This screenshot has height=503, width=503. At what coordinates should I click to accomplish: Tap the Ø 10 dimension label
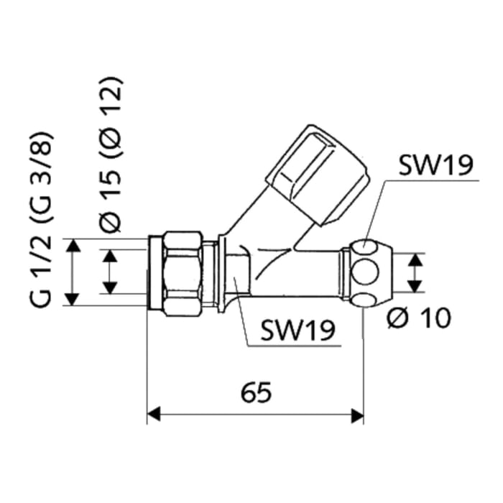[x=418, y=317]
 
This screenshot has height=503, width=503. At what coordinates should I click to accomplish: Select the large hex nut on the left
[x=182, y=273]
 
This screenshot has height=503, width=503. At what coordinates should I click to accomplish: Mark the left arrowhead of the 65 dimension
[x=153, y=415]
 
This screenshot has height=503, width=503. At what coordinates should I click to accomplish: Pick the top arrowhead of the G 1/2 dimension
[x=73, y=245]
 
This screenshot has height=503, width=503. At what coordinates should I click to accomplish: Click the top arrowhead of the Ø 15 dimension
[x=109, y=255]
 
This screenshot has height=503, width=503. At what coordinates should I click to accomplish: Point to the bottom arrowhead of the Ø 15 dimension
[x=109, y=289]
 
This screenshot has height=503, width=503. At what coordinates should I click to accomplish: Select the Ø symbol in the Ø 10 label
[x=398, y=317]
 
